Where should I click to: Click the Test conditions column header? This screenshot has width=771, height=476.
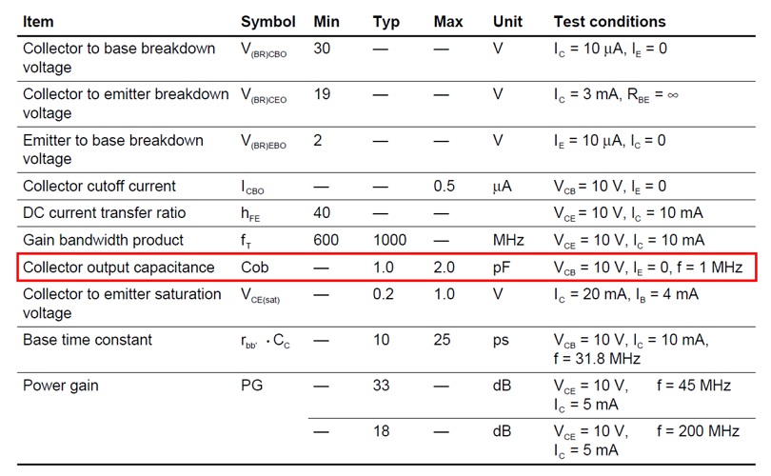click(609, 22)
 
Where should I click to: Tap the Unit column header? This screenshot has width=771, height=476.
click(507, 22)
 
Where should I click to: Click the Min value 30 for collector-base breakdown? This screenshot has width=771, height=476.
click(322, 49)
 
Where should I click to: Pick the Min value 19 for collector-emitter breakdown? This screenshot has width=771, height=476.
click(322, 94)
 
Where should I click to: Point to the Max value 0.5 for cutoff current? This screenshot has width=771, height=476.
click(444, 187)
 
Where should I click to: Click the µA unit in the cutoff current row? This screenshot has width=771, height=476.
click(502, 187)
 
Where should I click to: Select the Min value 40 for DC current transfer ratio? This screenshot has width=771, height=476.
click(322, 213)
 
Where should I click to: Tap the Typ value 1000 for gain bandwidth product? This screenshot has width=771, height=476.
click(390, 240)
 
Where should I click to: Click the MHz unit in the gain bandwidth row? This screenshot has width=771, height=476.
click(509, 240)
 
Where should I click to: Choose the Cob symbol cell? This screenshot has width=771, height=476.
click(256, 268)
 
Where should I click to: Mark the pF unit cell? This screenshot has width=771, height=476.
click(503, 268)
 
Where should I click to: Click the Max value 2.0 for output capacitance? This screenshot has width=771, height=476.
click(444, 268)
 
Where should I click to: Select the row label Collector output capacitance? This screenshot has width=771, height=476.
click(118, 268)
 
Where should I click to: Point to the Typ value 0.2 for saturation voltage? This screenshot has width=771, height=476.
click(383, 294)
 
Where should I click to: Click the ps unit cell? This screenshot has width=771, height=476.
click(502, 340)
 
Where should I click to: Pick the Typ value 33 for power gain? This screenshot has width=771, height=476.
click(382, 386)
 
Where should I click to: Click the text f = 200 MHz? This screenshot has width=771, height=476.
click(698, 431)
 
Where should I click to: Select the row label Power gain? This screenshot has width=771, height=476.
click(60, 386)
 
